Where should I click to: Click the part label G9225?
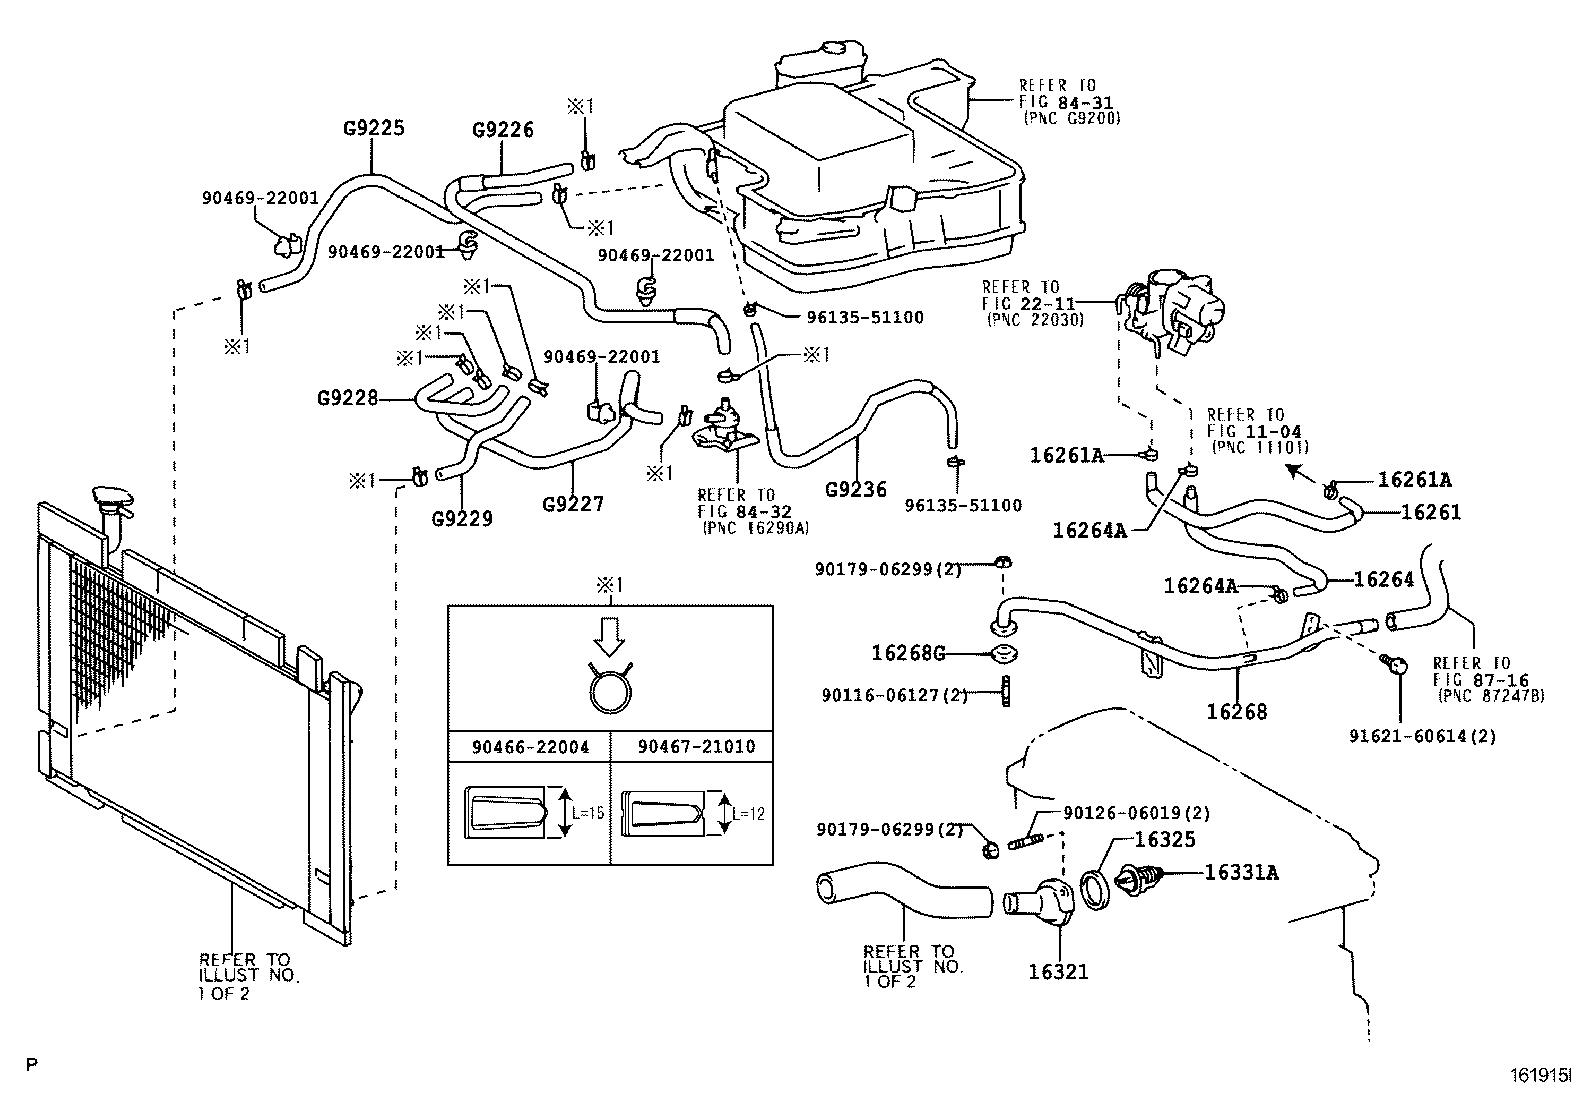[374, 128]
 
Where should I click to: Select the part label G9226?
[503, 130]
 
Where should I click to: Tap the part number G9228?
[348, 398]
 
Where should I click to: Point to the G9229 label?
[462, 518]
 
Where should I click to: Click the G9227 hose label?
[573, 504]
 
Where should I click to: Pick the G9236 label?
[856, 490]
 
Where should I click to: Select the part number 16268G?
[908, 653]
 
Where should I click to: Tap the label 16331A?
[1241, 872]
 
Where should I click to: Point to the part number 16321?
[1058, 971]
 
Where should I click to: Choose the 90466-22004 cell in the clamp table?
[530, 746]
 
